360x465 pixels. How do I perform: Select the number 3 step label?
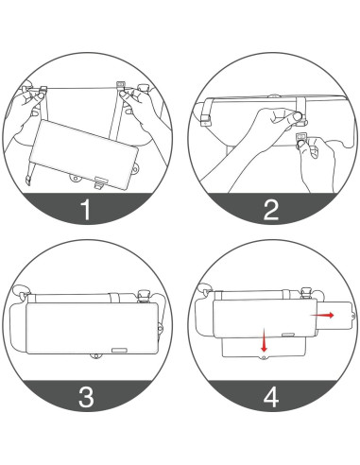tap(87, 397)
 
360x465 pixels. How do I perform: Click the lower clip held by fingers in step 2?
tap(303, 140)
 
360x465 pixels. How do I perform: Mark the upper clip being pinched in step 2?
tap(300, 115)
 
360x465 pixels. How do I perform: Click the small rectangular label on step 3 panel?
tap(120, 348)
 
